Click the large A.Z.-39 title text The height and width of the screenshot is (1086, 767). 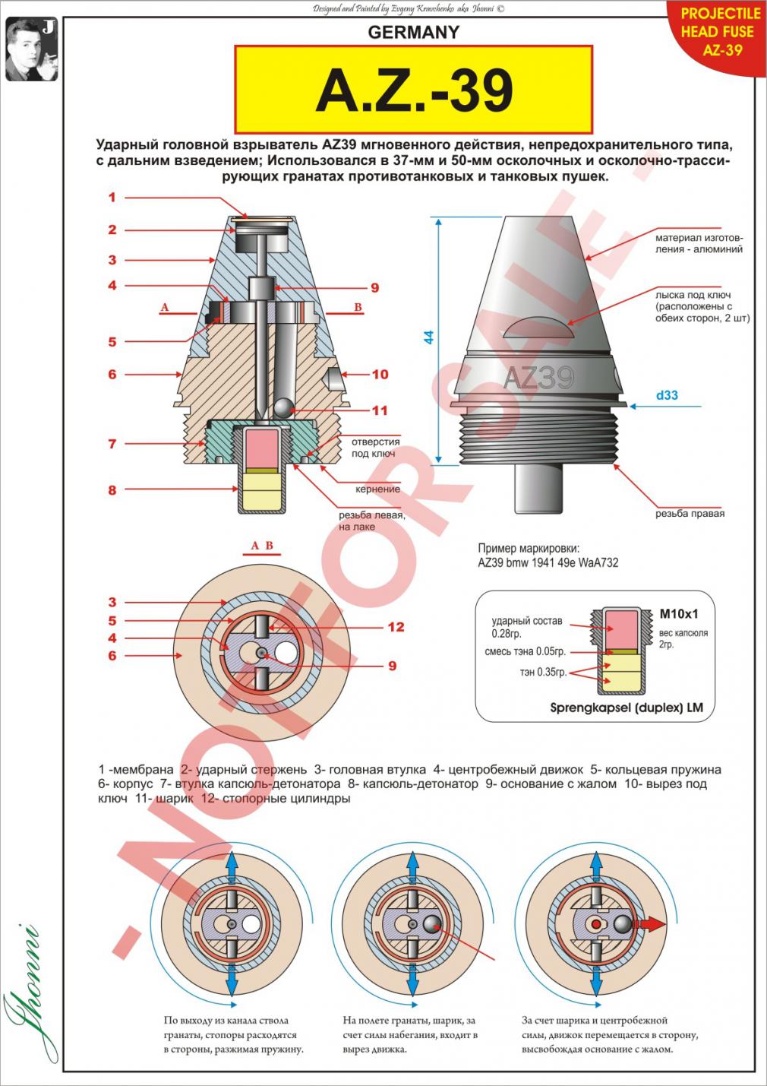(414, 90)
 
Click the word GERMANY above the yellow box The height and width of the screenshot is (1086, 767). (414, 32)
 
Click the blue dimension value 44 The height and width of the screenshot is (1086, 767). (429, 337)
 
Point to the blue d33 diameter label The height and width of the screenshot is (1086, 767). (667, 395)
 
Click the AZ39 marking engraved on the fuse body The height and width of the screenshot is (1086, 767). (538, 378)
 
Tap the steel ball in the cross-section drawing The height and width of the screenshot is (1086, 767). (285, 409)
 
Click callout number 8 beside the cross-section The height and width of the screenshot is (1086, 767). (112, 490)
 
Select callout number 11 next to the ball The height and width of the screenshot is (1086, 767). (380, 410)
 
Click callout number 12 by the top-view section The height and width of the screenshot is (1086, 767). (396, 627)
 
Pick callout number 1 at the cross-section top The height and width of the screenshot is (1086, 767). (112, 198)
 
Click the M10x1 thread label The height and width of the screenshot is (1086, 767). (678, 613)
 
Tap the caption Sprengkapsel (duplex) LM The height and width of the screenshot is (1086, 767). (627, 708)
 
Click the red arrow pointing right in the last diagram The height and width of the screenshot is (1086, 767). (652, 923)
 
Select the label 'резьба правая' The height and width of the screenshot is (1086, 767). (690, 514)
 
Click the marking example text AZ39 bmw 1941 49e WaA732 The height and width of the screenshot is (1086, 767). (548, 562)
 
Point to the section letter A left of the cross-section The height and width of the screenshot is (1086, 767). (165, 307)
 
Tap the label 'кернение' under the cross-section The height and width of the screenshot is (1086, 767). (377, 489)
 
